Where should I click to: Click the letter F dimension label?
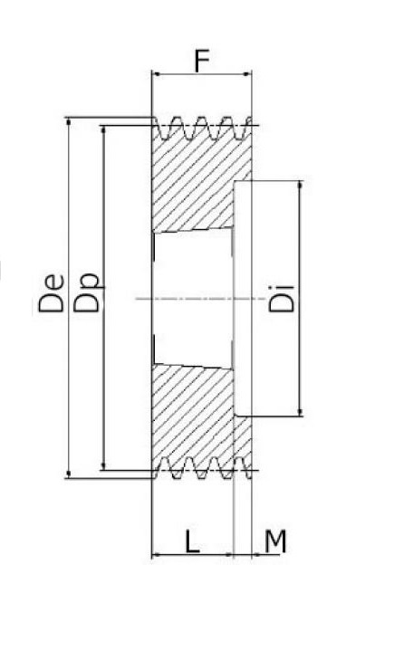click(202, 61)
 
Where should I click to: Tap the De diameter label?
click(52, 293)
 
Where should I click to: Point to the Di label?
click(282, 298)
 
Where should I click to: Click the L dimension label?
click(192, 541)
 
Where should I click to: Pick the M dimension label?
click(275, 541)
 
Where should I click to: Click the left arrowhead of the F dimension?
click(156, 74)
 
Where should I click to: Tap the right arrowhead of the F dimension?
click(247, 74)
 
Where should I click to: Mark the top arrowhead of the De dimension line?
click(69, 122)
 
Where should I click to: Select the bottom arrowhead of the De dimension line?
click(69, 474)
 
